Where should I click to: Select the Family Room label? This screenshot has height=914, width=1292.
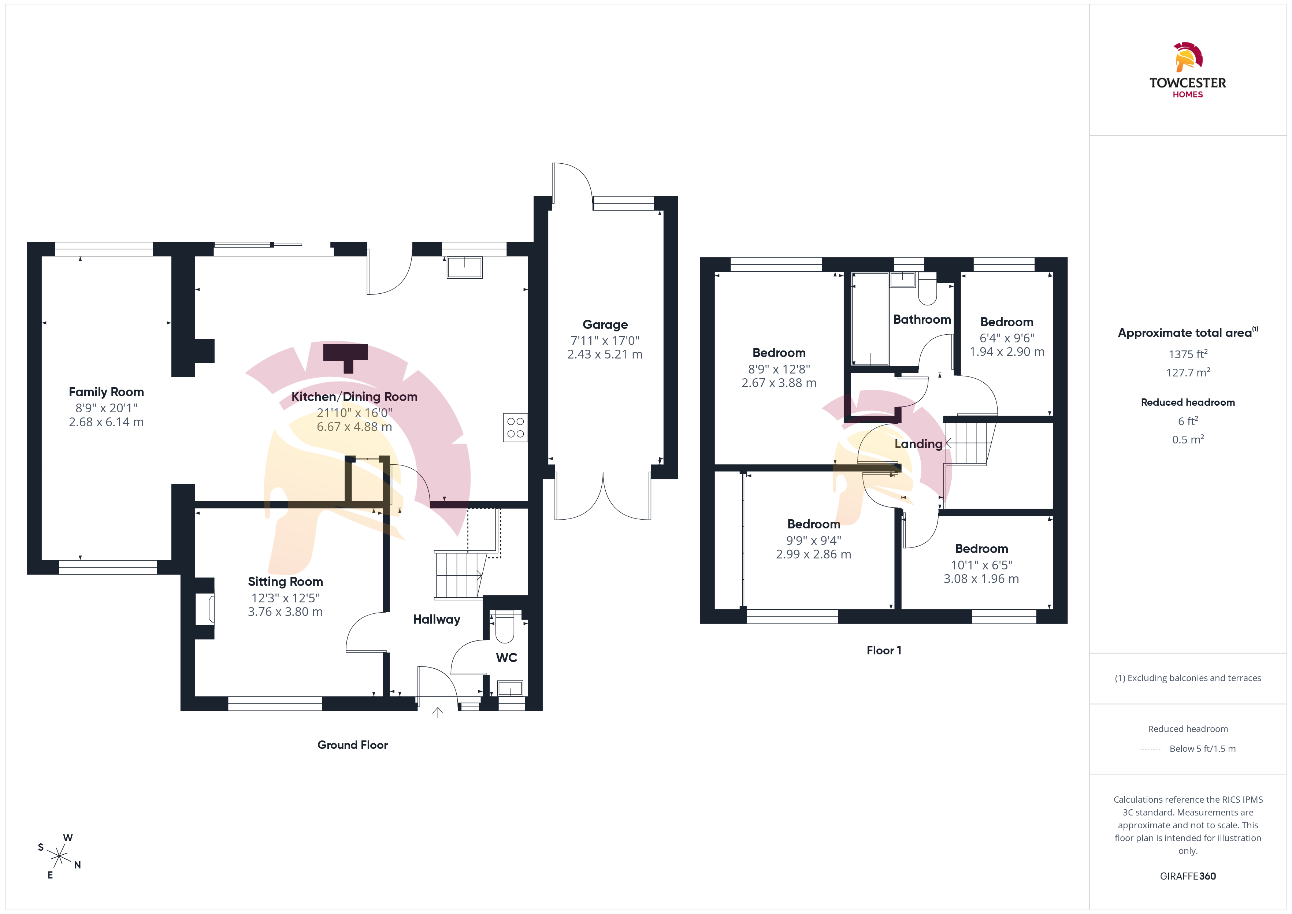pyautogui.click(x=106, y=392)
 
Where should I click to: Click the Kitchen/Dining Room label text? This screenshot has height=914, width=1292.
pyautogui.click(x=354, y=397)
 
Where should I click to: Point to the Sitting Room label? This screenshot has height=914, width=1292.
pyautogui.click(x=285, y=582)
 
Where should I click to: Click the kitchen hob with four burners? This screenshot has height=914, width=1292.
pyautogui.click(x=516, y=428)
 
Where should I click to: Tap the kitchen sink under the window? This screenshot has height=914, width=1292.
pyautogui.click(x=465, y=267)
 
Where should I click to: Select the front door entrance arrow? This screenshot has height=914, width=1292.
pyautogui.click(x=438, y=713)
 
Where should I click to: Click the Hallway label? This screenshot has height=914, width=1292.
pyautogui.click(x=437, y=620)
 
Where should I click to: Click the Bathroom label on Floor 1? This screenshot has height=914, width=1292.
pyautogui.click(x=922, y=320)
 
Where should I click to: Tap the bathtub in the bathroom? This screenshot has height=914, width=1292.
pyautogui.click(x=870, y=319)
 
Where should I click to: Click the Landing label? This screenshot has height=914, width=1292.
pyautogui.click(x=918, y=444)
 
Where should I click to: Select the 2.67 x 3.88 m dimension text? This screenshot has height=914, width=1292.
pyautogui.click(x=779, y=383)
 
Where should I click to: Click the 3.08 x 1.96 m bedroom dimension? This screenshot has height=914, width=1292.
pyautogui.click(x=981, y=579)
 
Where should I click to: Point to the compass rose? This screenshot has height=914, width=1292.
pyautogui.click(x=59, y=856)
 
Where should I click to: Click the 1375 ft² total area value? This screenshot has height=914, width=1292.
pyautogui.click(x=1188, y=354)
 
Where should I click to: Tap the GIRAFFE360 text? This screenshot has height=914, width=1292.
pyautogui.click(x=1188, y=876)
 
